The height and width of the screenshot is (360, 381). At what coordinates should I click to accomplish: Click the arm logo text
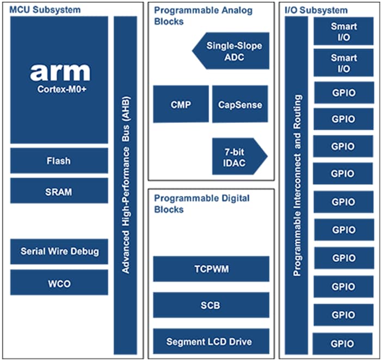click(x=59, y=72)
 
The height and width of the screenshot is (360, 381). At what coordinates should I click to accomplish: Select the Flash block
click(x=59, y=161)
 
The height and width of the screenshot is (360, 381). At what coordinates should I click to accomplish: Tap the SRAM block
click(x=59, y=191)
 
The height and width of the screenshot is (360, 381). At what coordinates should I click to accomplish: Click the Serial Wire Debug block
click(x=59, y=251)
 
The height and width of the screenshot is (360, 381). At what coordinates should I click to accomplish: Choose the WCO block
click(x=59, y=283)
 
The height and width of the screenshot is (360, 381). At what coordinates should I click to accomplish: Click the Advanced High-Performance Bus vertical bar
click(x=125, y=185)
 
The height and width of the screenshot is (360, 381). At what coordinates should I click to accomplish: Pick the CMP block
click(x=181, y=104)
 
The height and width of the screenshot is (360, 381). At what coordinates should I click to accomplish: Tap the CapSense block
click(x=239, y=104)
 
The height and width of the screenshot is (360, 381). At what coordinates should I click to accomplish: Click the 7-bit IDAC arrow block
click(x=237, y=156)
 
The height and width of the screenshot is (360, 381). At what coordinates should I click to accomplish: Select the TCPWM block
click(x=211, y=269)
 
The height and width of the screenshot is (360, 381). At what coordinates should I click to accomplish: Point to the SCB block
click(x=211, y=305)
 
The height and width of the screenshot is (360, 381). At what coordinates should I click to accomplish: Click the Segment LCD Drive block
click(x=211, y=342)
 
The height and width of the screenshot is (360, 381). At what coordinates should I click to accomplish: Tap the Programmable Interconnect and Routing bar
click(x=297, y=185)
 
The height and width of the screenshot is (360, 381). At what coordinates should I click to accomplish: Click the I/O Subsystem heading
click(x=316, y=10)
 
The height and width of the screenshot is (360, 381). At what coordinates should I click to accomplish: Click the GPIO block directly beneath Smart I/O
click(x=343, y=92)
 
